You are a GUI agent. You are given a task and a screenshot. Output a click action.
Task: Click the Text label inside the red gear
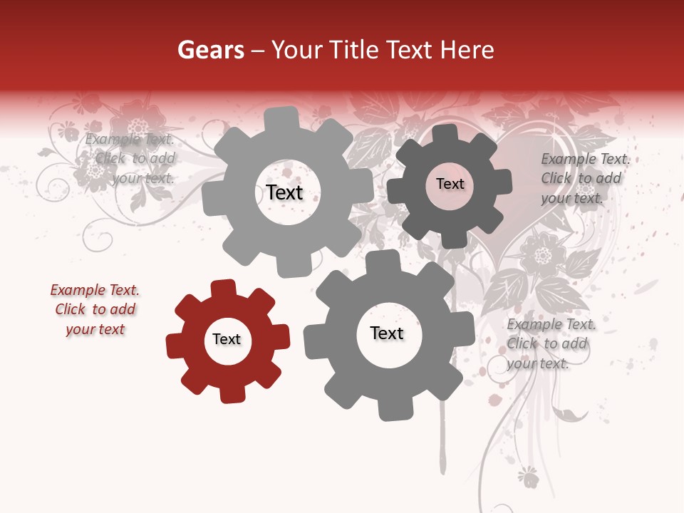(x=227, y=340)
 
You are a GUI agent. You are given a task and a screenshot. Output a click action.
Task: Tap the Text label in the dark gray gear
(x=450, y=184)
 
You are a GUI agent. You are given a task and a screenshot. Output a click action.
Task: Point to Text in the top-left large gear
(x=284, y=192)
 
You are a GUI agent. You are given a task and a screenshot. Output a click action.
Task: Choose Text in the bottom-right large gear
(x=387, y=333)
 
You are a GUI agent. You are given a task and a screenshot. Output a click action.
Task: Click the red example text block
(x=95, y=310)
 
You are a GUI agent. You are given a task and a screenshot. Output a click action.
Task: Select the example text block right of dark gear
(x=581, y=179)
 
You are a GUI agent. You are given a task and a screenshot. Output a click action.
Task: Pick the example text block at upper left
(x=132, y=159)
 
